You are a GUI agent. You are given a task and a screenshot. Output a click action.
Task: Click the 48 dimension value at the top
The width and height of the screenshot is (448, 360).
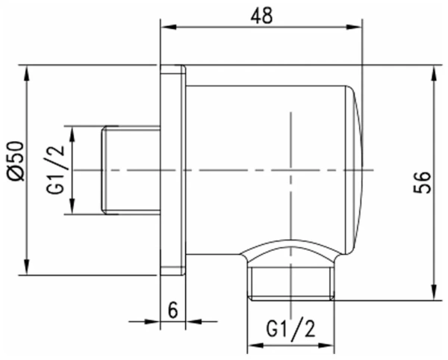click(x=261, y=15)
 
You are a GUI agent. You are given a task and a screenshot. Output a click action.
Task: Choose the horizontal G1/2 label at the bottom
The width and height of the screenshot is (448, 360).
click(x=290, y=329)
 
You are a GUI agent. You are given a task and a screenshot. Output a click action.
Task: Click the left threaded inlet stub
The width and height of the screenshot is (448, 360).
click(x=131, y=170)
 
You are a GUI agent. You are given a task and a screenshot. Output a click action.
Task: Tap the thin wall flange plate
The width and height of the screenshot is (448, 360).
click(x=173, y=170)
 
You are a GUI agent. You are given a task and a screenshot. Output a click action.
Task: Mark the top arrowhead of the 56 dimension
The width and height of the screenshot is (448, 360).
click(x=434, y=70)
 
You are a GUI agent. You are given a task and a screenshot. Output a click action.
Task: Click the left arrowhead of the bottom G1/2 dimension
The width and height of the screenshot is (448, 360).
click(x=252, y=346)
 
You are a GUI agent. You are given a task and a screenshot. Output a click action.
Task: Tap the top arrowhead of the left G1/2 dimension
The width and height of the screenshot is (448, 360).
click(x=72, y=131)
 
